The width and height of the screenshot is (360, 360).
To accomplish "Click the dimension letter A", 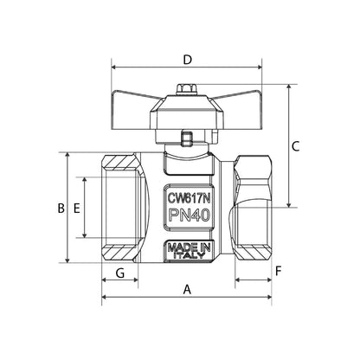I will tap(187, 291).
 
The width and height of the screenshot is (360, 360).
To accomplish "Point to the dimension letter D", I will tap(187, 60).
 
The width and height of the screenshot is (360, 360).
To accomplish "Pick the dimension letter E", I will tap(76, 208).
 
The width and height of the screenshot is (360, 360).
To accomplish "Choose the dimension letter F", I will tap(278, 271).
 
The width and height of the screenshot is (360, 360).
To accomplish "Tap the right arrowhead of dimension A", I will tap(268, 299).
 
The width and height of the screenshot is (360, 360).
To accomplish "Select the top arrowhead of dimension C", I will tap(286, 87).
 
